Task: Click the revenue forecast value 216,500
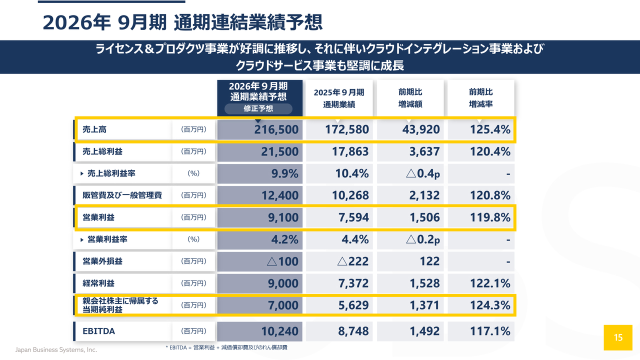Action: click(276, 129)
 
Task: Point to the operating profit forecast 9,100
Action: click(283, 217)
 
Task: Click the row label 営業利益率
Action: click(107, 239)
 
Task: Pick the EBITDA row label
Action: click(98, 331)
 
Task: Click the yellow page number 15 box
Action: click(618, 337)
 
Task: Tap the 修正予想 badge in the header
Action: click(258, 108)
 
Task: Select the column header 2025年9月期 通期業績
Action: click(339, 98)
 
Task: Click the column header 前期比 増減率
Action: click(481, 98)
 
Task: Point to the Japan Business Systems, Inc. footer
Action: click(56, 349)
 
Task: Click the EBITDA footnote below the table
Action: click(226, 347)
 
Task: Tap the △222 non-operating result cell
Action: click(353, 261)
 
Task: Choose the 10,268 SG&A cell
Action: click(350, 195)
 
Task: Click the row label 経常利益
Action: click(98, 283)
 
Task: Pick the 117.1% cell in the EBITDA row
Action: click(490, 331)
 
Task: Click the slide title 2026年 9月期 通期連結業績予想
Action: click(182, 22)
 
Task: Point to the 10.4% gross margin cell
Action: click(352, 173)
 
